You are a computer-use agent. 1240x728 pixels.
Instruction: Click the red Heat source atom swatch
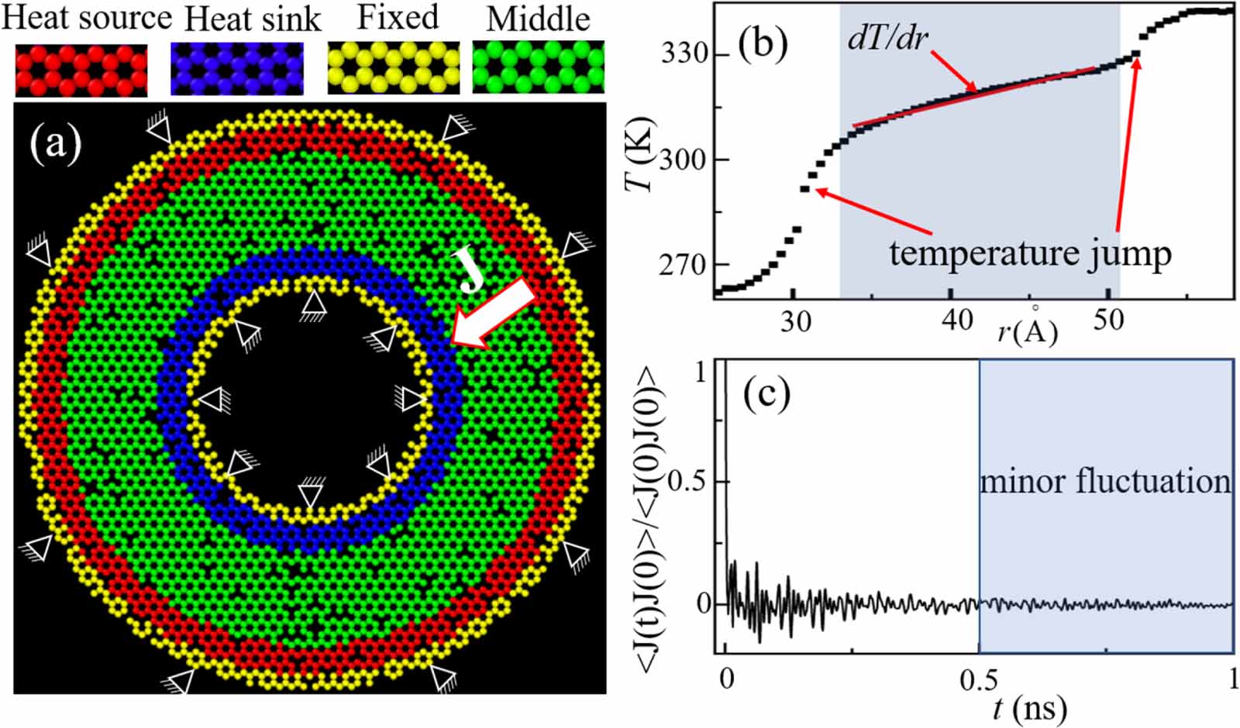(81, 70)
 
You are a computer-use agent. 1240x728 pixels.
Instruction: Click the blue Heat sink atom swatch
(236, 70)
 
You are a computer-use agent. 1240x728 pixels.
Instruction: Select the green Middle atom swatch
(538, 68)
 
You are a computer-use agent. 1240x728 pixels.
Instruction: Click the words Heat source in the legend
(86, 18)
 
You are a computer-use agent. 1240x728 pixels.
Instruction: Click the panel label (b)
(763, 42)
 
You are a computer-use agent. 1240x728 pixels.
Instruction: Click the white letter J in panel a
(470, 270)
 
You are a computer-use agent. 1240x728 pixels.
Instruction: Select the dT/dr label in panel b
(887, 37)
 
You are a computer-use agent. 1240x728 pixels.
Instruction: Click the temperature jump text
(1030, 253)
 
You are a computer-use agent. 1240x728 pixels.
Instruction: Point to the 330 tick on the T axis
(684, 53)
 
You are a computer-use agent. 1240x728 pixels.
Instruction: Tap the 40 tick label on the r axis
(957, 319)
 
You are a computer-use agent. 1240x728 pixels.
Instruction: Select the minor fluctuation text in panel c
(1105, 482)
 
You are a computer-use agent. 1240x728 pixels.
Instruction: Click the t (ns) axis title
(1030, 707)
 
